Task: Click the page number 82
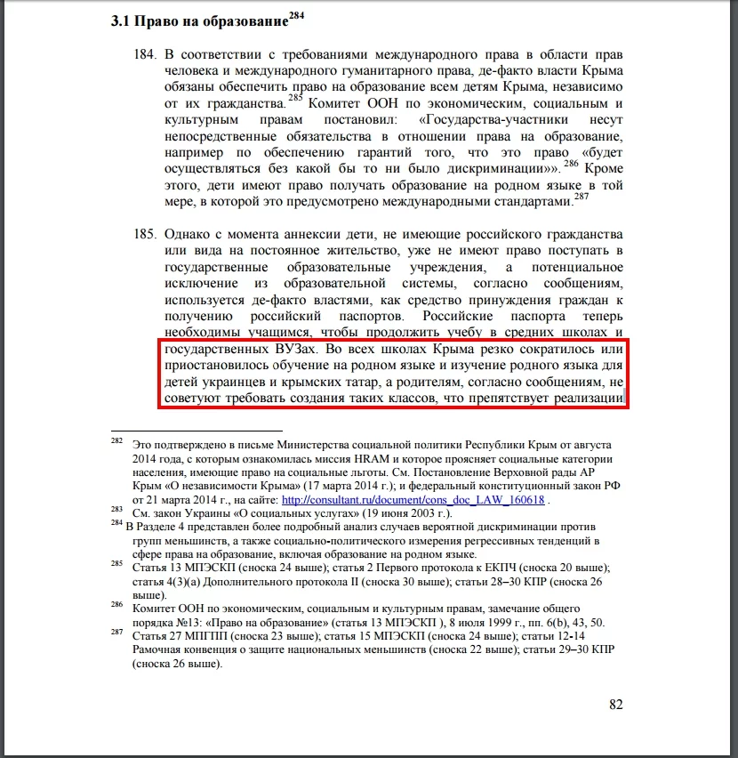point(616,705)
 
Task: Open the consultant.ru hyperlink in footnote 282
point(413,499)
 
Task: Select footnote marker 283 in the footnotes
point(116,509)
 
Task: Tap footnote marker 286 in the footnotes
point(116,602)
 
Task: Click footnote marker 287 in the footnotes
point(116,633)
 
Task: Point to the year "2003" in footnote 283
point(421,514)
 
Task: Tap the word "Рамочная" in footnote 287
point(158,650)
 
